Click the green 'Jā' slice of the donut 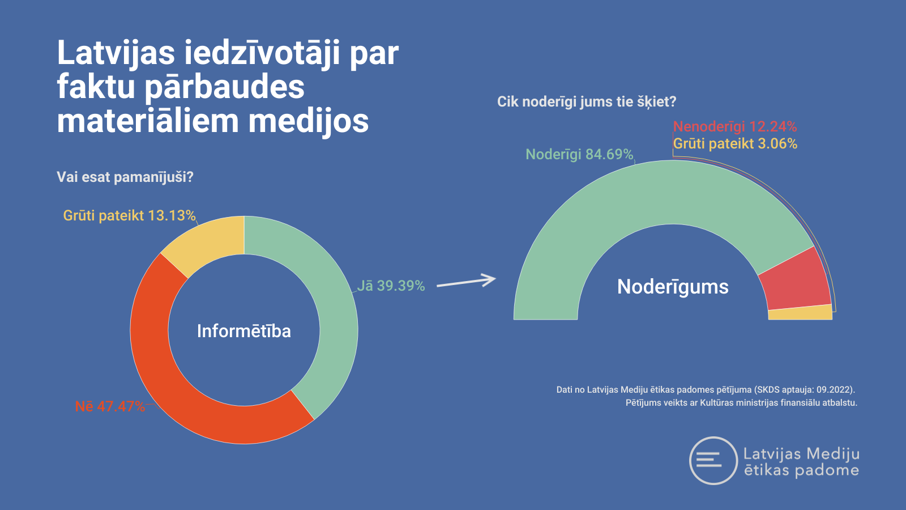click(332, 308)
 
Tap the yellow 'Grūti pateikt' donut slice click(206, 243)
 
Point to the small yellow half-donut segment click(800, 313)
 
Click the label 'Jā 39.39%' click(391, 286)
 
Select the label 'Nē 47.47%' click(110, 406)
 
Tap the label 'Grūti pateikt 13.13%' click(130, 215)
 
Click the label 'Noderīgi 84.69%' click(579, 154)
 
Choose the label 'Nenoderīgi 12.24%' click(735, 127)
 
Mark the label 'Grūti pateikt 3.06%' click(735, 144)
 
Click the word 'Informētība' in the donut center click(244, 331)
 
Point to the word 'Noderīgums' click(673, 287)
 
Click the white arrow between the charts click(467, 281)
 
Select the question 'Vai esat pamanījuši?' click(125, 177)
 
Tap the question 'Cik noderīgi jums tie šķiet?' click(587, 101)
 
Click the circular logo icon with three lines click(713, 460)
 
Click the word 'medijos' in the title click(308, 121)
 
